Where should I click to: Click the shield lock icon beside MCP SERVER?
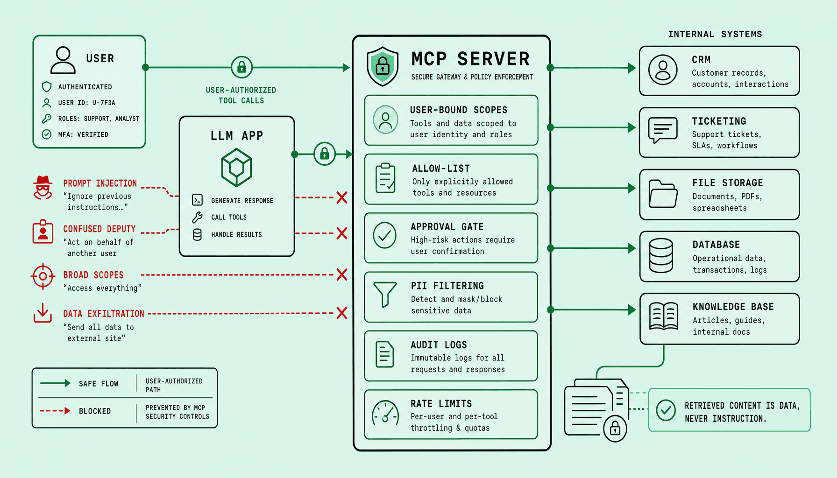click(x=383, y=66)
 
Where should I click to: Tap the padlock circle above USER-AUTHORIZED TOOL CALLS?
click(x=241, y=67)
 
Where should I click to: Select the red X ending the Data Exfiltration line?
click(x=342, y=313)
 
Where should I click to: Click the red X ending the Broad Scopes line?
click(x=342, y=274)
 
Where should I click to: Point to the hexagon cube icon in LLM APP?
click(x=237, y=168)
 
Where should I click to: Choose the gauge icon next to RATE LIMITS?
click(x=385, y=413)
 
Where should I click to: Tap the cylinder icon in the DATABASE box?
click(x=661, y=255)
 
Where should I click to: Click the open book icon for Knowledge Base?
click(x=664, y=316)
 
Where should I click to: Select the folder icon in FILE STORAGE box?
click(x=663, y=194)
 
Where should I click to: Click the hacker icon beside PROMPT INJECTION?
click(x=43, y=188)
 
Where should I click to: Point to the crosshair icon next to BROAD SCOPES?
click(x=43, y=276)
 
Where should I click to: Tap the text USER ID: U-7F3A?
click(x=86, y=103)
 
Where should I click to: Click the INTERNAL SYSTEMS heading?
click(x=715, y=34)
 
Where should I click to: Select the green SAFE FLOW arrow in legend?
click(x=55, y=383)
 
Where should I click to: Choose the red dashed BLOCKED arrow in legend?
click(x=55, y=411)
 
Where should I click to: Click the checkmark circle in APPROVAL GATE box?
click(x=385, y=235)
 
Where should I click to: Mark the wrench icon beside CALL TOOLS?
click(x=197, y=217)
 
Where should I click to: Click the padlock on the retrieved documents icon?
click(x=615, y=428)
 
